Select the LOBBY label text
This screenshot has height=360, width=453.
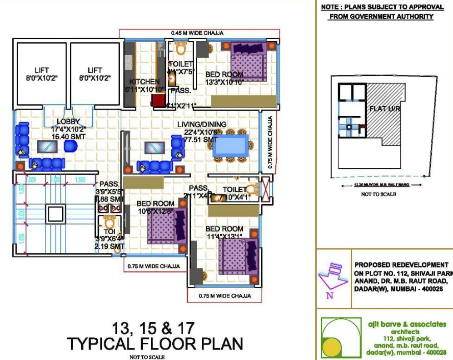[68, 122]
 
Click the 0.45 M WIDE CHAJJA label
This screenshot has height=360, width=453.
[197, 33]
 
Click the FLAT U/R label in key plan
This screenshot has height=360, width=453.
[384, 109]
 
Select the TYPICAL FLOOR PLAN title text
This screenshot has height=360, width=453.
[155, 344]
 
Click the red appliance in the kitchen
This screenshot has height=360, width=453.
[158, 100]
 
